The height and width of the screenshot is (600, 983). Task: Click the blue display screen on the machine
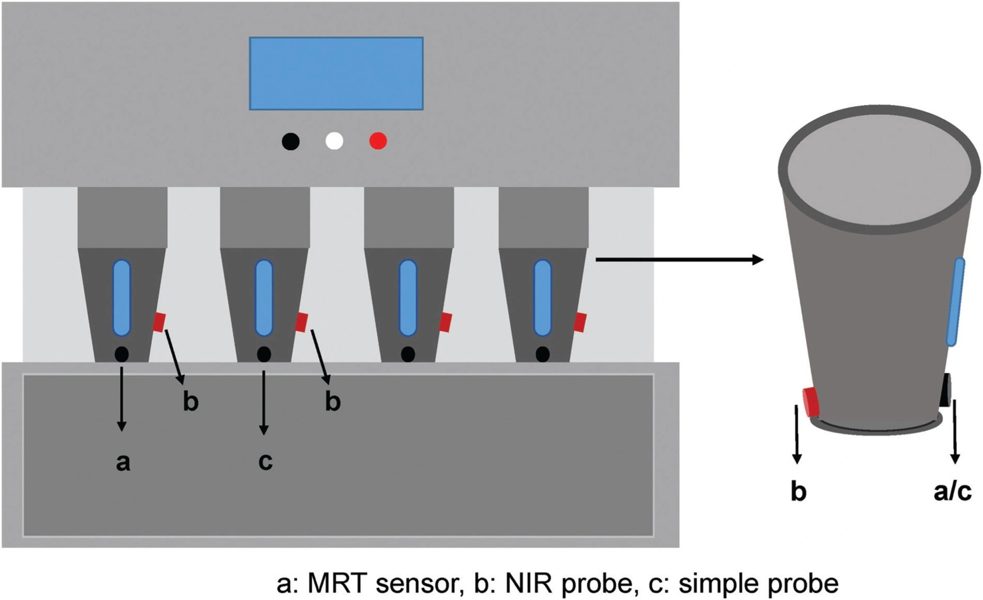(x=336, y=73)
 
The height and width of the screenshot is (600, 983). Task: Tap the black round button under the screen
(x=290, y=141)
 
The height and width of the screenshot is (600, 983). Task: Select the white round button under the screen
(x=334, y=141)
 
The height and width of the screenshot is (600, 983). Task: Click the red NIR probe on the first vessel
(x=159, y=322)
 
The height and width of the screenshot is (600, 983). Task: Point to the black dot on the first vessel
(x=122, y=354)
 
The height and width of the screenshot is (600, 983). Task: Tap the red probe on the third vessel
(x=445, y=323)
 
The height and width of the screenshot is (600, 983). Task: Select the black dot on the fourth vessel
(x=543, y=354)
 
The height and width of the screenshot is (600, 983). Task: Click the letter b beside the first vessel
(x=190, y=402)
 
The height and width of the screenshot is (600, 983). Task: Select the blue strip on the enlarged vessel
(x=955, y=302)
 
